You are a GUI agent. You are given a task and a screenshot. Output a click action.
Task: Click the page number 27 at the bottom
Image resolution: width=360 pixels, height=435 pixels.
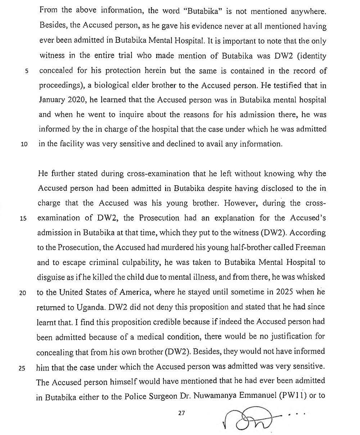coord(181,413)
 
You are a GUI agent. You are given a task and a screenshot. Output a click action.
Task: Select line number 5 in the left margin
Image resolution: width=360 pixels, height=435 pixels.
coord(27,70)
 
